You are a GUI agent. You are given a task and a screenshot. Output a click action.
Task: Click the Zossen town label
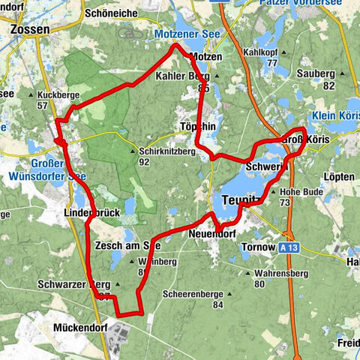coord(31,30)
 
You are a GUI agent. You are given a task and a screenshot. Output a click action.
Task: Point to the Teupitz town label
coord(239,200)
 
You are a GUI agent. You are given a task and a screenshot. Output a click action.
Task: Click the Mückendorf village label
coord(81,328)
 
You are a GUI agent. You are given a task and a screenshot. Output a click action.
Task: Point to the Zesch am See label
coord(127,245)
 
